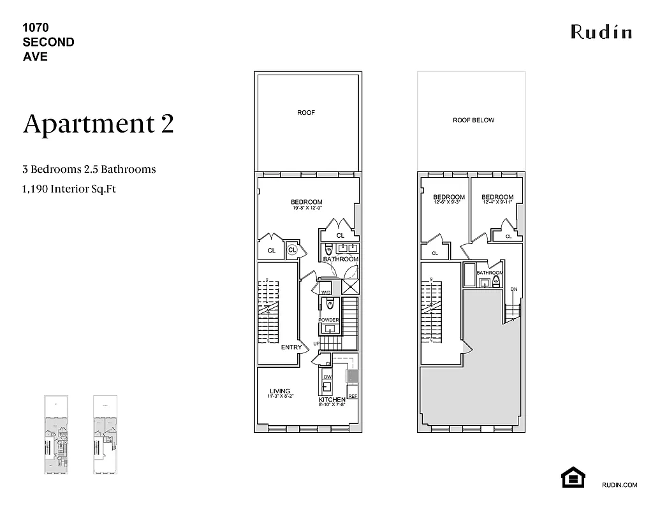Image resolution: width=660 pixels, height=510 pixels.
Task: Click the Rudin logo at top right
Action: [601, 31]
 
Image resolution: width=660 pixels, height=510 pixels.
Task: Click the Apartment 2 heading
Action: [98, 124]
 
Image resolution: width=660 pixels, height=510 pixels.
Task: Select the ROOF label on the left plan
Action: [306, 113]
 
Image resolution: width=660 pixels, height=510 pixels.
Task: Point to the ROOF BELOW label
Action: [473, 120]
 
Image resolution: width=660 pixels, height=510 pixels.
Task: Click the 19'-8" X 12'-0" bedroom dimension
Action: [307, 208]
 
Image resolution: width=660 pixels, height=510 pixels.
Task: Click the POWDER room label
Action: [329, 320]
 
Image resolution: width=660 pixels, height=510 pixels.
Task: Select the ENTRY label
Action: [291, 347]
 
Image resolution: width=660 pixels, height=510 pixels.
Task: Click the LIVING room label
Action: [280, 391]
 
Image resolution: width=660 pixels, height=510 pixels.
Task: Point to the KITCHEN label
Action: [332, 400]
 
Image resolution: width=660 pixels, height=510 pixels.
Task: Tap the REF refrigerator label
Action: [353, 396]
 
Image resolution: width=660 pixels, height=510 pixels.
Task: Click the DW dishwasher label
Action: [327, 377]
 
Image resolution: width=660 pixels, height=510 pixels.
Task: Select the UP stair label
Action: [316, 344]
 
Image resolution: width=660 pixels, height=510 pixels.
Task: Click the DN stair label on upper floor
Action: [514, 289]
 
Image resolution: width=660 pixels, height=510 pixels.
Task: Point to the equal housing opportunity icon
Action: [573, 477]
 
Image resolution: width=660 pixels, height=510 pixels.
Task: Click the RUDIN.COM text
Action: [619, 485]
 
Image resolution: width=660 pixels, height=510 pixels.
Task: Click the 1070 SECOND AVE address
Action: [48, 42]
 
